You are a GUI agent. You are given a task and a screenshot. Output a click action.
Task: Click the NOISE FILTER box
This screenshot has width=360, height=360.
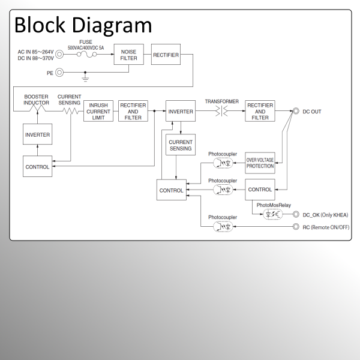pos(128,55)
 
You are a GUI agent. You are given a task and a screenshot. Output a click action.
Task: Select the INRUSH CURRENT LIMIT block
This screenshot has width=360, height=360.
pos(98,112)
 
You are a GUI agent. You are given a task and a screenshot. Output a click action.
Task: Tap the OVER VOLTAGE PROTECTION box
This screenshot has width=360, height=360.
pos(260,163)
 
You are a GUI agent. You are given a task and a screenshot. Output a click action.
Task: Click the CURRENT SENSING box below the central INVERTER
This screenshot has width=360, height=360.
pos(181,145)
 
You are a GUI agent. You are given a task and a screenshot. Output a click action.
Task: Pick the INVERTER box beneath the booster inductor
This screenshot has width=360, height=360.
pos(37,135)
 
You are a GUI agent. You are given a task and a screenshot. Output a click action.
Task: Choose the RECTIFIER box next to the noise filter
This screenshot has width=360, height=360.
pos(166,55)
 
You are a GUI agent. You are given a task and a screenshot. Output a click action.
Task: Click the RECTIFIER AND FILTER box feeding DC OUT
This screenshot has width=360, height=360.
pos(260,112)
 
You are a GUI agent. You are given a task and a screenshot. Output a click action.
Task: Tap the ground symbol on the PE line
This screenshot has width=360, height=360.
pos(85,76)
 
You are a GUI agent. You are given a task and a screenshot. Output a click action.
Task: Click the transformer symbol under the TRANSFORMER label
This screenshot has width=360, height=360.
pos(221,112)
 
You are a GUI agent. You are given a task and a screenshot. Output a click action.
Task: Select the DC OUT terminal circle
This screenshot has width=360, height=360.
pos(296,112)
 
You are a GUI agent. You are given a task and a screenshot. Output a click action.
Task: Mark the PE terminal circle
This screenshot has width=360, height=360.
pos(59,73)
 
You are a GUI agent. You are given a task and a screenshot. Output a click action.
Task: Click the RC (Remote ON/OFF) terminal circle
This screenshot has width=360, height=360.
pos(296,227)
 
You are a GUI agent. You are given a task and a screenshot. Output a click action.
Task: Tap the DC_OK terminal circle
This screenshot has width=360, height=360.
pos(296,215)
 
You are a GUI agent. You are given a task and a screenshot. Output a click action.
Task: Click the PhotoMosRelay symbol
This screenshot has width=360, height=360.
pos(273,215)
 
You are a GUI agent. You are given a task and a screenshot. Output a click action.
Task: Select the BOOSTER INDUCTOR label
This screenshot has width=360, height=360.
pos(37,100)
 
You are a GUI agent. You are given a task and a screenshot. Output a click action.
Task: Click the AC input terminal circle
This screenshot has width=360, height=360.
pos(59,55)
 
